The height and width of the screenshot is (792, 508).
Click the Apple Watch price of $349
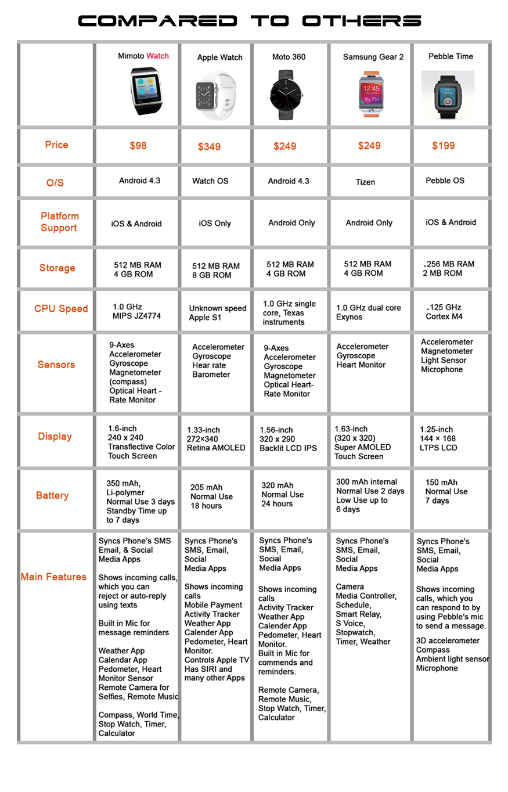(x=209, y=146)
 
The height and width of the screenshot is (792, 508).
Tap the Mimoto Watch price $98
(x=138, y=146)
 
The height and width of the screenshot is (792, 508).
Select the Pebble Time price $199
(x=444, y=145)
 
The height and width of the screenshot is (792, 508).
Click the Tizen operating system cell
(x=365, y=182)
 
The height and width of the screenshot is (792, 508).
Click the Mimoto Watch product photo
(x=143, y=90)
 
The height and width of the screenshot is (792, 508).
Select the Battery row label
(x=52, y=495)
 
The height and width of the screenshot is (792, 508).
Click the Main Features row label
(x=53, y=577)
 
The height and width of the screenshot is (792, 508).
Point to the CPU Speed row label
(x=61, y=308)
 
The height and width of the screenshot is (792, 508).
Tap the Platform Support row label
(x=59, y=222)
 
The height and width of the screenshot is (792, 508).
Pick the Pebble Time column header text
(x=451, y=56)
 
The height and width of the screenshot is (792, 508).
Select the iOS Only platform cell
(x=215, y=223)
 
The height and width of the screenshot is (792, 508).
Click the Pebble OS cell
(x=445, y=181)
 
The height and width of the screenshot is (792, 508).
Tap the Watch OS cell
(x=210, y=181)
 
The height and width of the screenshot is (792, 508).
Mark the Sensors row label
(x=56, y=365)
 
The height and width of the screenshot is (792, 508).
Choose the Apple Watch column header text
(x=219, y=57)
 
